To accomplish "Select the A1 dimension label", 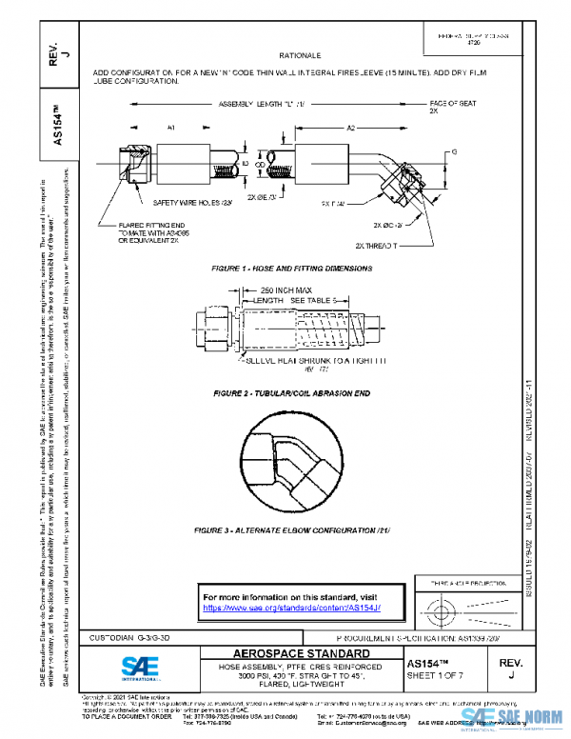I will coord(143,126).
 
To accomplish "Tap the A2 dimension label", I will coord(350,126).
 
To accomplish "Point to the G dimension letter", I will coord(454,153).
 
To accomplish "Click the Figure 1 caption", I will coord(292,270).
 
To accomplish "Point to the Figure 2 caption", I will coord(291,392).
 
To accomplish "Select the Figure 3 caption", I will coord(292,529).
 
